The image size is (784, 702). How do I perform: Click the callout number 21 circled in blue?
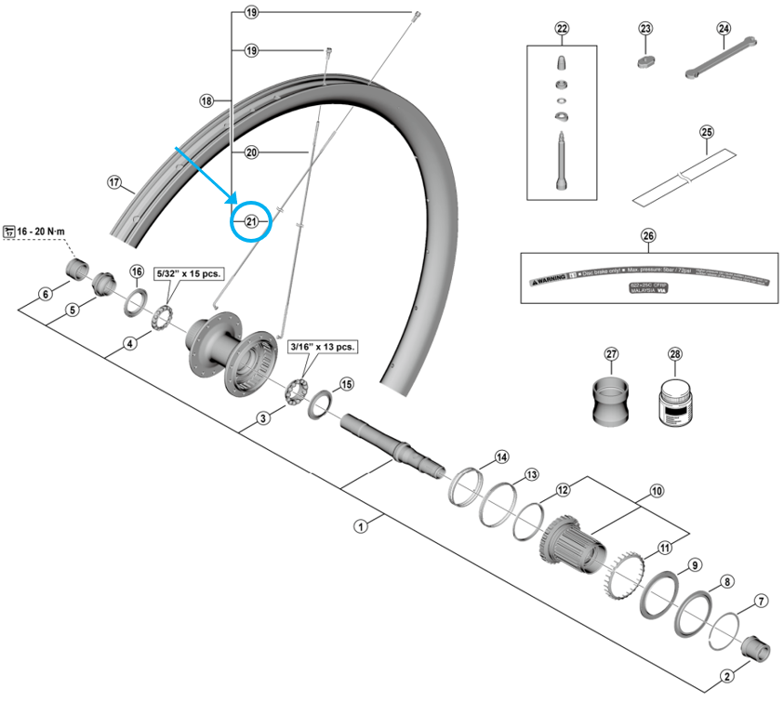point(251,221)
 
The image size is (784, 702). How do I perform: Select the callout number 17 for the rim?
point(114,182)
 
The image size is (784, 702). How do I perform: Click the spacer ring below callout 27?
point(611,402)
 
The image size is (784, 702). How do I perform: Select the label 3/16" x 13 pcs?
point(323,346)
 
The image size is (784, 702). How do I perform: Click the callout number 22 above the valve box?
point(562,29)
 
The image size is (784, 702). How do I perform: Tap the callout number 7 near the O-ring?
point(762,601)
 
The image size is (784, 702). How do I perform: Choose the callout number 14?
point(501,457)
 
